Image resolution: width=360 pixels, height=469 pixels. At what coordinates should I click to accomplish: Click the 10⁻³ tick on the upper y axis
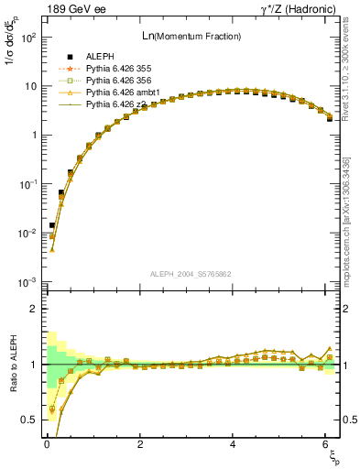coord(28,282)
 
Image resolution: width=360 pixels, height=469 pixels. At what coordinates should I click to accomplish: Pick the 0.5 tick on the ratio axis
coord(28,420)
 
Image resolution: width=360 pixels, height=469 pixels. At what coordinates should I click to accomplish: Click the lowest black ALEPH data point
coord(52,225)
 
